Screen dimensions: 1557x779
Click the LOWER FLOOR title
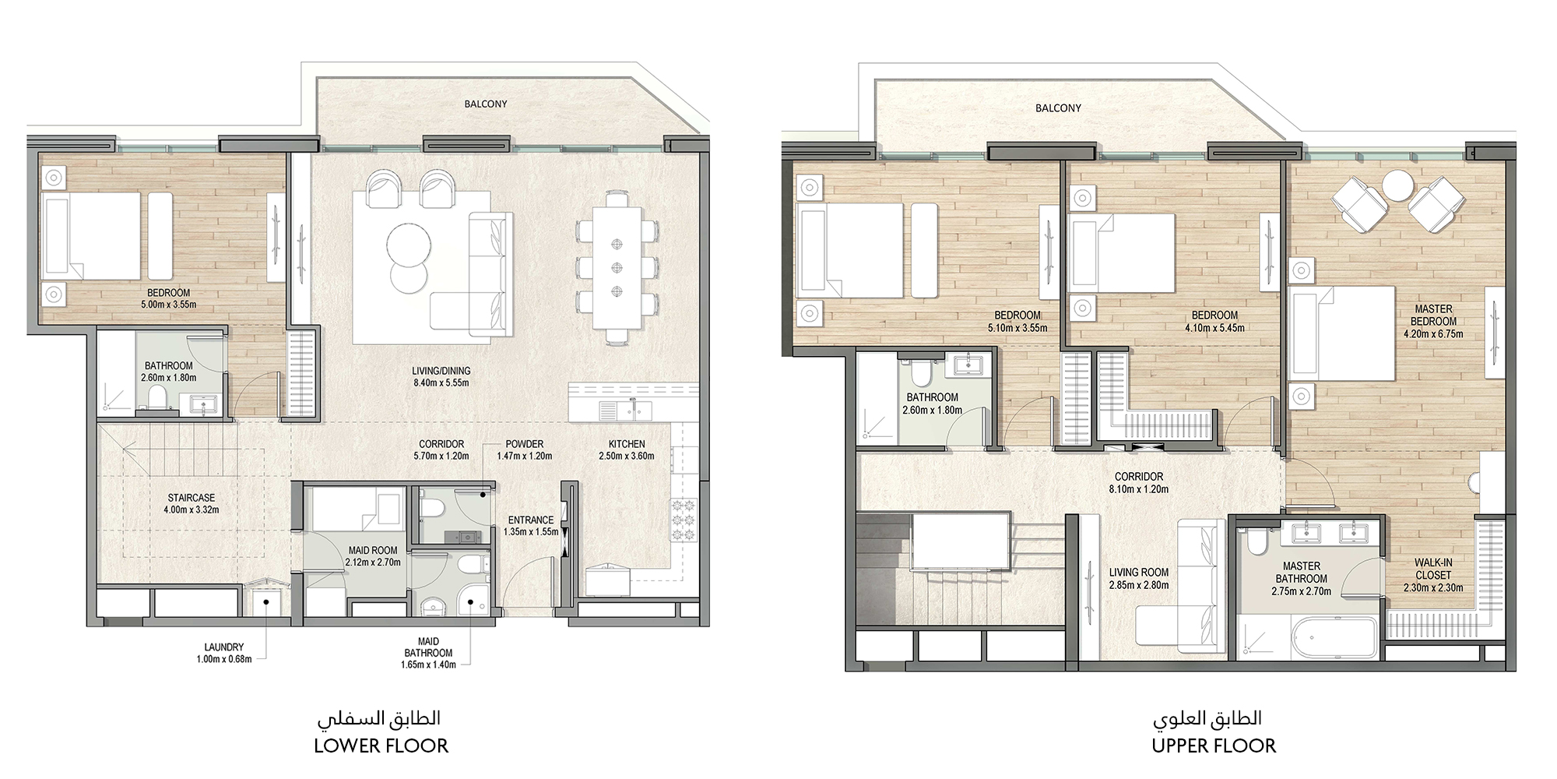381,746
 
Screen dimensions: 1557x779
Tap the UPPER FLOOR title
1214,746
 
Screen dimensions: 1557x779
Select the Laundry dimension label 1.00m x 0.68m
224,658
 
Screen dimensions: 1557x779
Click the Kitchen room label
627,444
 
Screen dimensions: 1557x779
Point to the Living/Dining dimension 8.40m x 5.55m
441,382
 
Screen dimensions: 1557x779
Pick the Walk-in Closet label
1433,569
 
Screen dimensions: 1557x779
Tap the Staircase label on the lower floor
191,498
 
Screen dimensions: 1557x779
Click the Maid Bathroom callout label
428,647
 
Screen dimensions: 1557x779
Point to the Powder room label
524,444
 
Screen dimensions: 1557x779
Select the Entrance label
531,520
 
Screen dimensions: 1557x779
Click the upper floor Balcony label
1058,108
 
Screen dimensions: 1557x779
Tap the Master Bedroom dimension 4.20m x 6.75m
1433,334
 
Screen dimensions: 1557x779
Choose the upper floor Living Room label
1139,573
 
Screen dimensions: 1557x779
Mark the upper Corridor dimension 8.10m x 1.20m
1139,489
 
